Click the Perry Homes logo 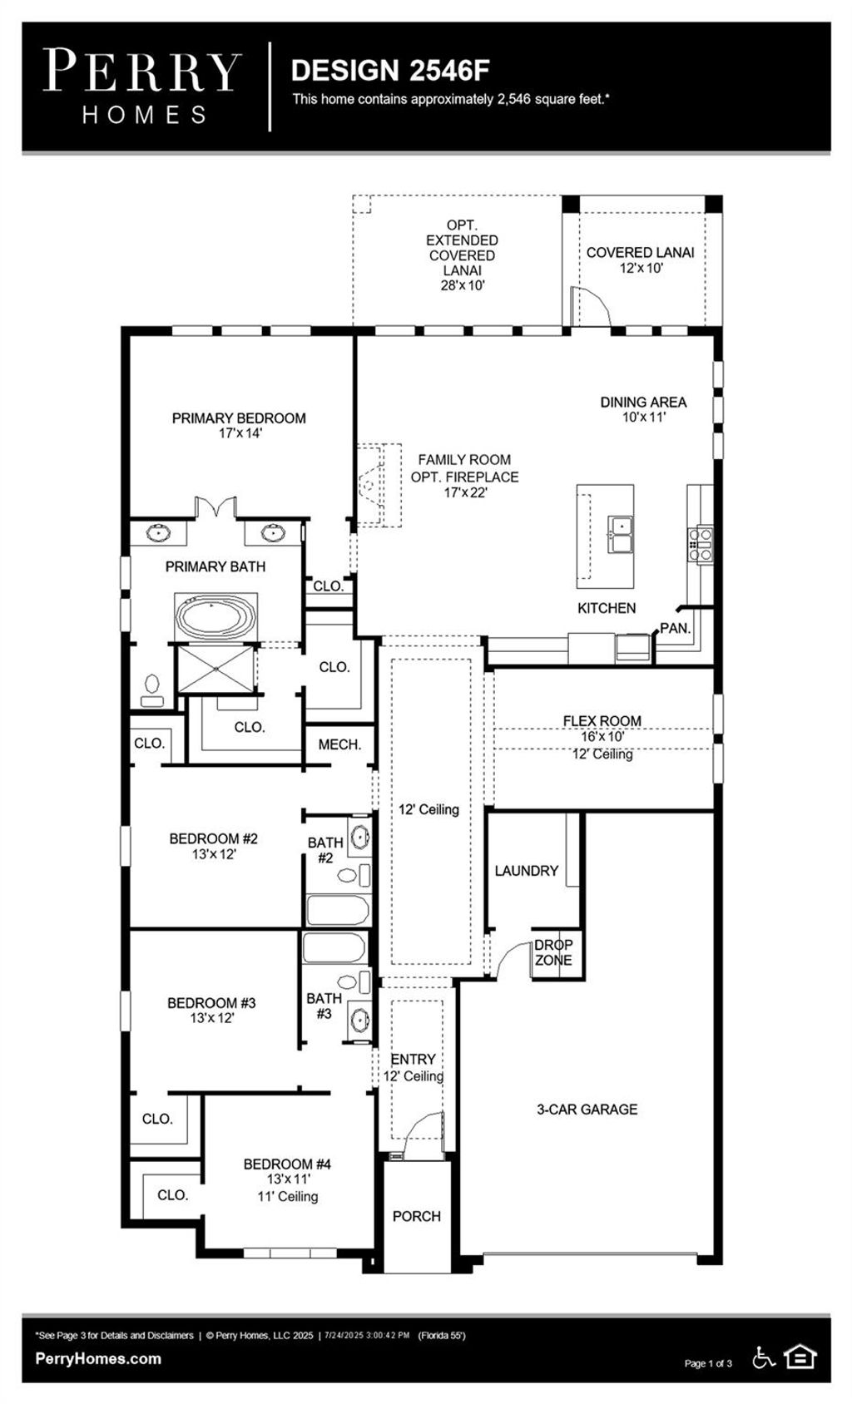pos(142,86)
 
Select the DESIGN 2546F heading pos(390,72)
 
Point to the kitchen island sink pos(620,534)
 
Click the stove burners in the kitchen pos(700,542)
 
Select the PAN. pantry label pos(676,629)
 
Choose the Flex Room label pos(602,721)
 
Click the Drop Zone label pos(553,952)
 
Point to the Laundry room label pos(526,871)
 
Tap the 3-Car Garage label pos(587,1109)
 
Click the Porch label pos(416,1216)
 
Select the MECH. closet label pos(339,744)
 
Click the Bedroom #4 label pos(287,1164)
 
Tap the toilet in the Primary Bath pos(152,690)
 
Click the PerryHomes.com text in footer pos(98,1358)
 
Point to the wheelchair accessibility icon pos(763,1357)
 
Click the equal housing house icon pos(800,1357)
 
